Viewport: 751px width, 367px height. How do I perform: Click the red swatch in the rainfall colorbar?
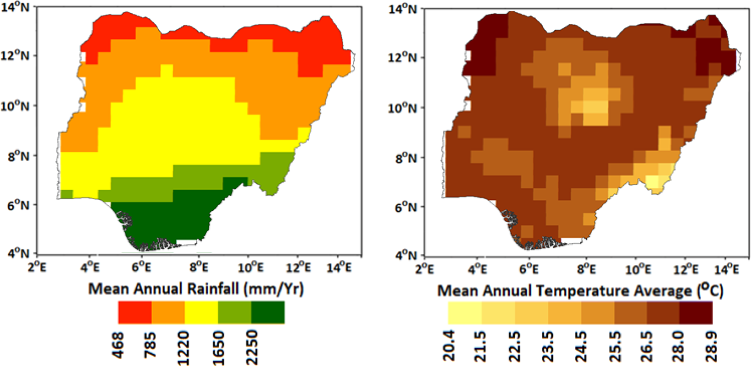point(135,312)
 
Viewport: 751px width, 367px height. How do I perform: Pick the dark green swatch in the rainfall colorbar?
point(268,312)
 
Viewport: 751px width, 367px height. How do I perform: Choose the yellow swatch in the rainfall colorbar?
point(201,312)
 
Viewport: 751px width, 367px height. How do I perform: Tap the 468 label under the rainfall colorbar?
point(119,345)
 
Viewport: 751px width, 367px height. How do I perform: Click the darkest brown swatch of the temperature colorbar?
point(695,313)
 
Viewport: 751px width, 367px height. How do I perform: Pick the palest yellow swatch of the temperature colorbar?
point(465,313)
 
